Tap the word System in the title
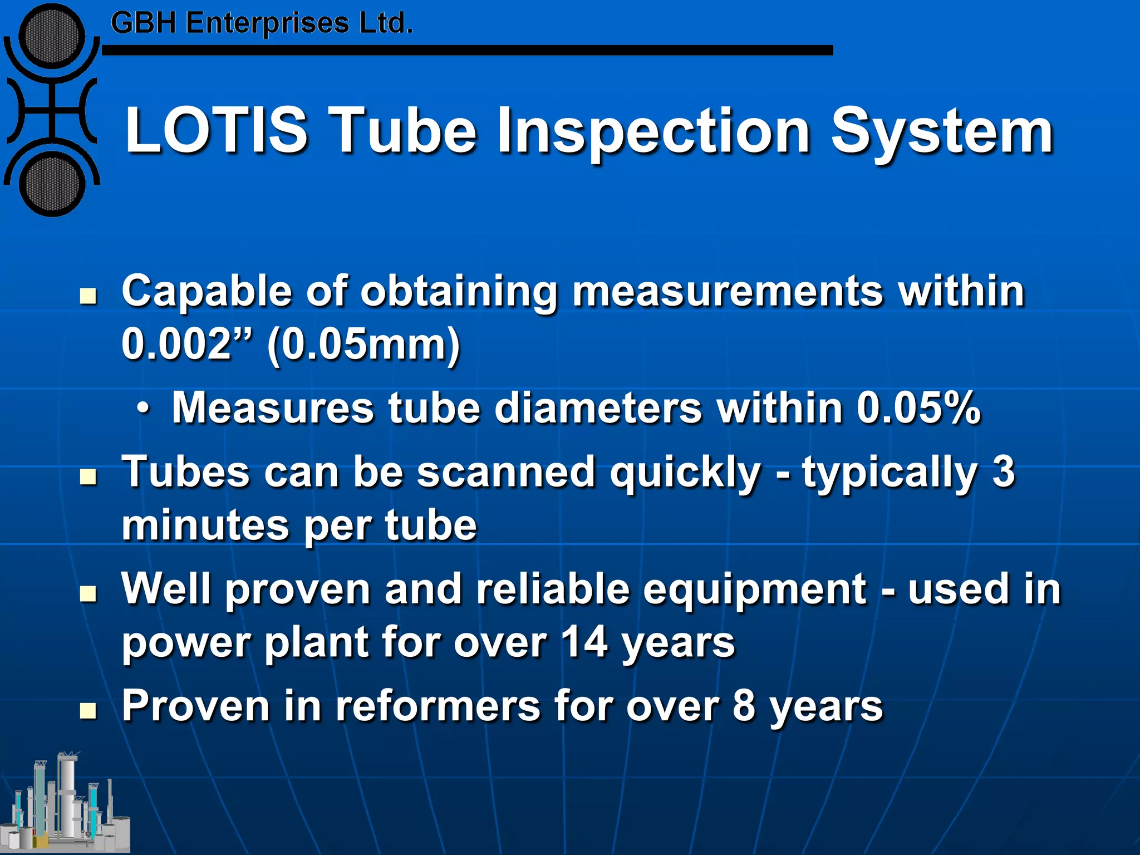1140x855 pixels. (x=942, y=132)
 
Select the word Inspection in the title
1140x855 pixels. (x=653, y=132)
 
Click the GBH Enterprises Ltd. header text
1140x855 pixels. (x=262, y=23)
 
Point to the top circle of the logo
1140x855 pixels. (x=52, y=36)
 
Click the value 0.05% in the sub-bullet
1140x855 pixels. (x=918, y=408)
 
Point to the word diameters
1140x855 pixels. (x=598, y=408)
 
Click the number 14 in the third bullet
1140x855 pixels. (x=584, y=642)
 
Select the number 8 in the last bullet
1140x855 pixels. (x=744, y=706)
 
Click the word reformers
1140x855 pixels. (x=438, y=706)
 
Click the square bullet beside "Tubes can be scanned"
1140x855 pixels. (x=88, y=476)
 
